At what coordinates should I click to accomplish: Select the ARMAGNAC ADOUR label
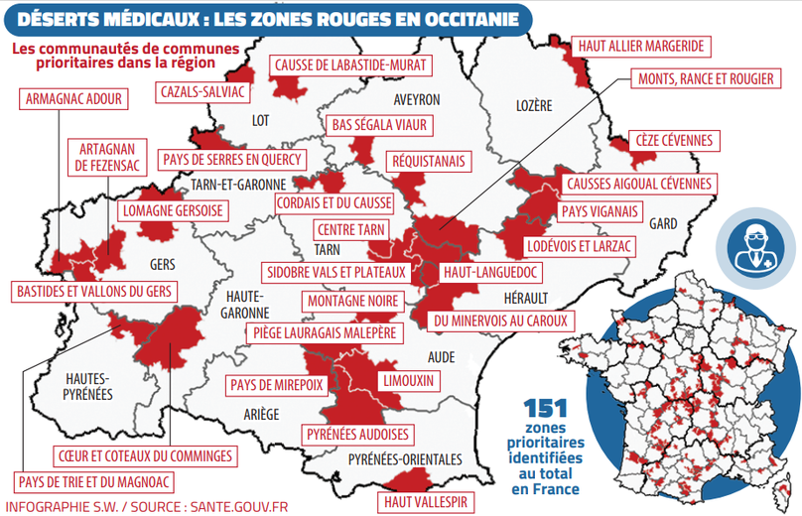[66, 98]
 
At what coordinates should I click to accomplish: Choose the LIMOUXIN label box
[407, 380]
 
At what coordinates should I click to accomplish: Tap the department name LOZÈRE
[534, 105]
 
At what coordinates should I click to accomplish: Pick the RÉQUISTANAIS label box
[431, 161]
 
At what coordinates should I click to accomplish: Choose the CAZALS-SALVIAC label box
[202, 91]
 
